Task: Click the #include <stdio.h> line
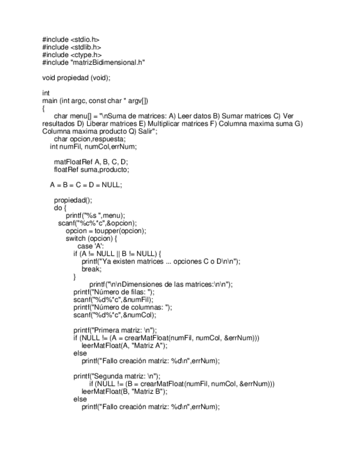coord(71,39)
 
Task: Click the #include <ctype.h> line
coord(72,55)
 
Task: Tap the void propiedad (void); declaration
coord(76,78)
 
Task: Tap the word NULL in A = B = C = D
coord(111,185)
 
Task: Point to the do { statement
coord(60,208)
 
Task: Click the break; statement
coord(92,269)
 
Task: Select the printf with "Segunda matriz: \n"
coord(117,376)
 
